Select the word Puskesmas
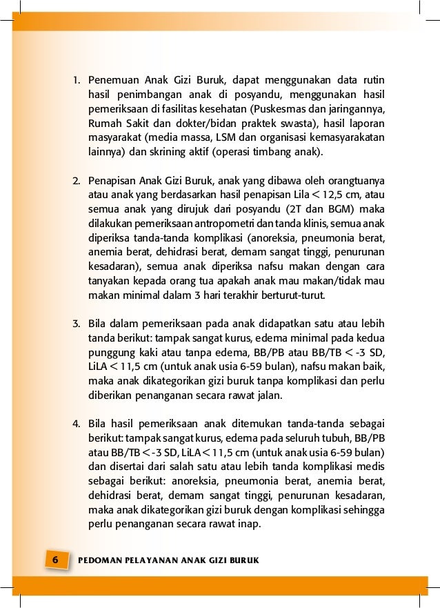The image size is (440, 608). coord(278,109)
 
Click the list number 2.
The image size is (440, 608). coord(77,182)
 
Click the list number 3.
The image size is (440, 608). coord(77,324)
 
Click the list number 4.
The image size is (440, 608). coord(77,422)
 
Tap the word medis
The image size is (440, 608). coord(372,466)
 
